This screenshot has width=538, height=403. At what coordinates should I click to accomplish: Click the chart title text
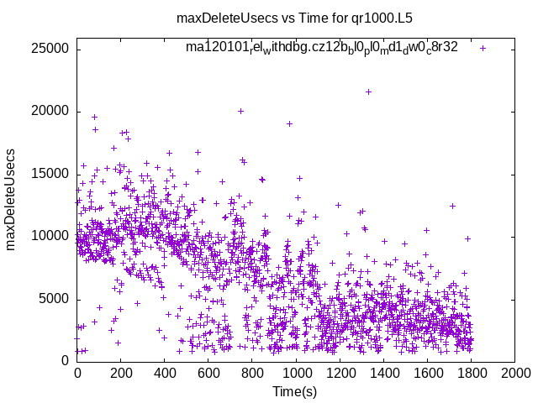click(294, 18)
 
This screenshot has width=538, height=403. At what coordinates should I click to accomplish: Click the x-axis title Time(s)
click(294, 391)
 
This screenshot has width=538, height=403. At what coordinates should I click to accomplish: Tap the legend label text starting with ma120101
click(322, 48)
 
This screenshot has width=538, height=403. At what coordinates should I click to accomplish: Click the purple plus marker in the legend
click(483, 48)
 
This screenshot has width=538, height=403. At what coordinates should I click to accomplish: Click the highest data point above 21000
click(368, 92)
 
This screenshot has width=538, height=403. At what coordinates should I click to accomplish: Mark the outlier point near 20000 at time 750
click(240, 111)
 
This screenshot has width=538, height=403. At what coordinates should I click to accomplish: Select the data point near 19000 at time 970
click(289, 123)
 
